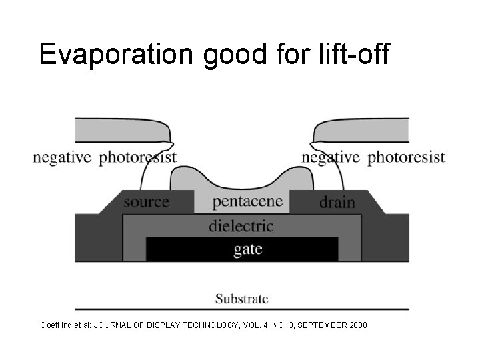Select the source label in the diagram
click(x=146, y=201)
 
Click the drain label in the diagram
click(x=337, y=201)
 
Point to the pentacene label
click(x=247, y=201)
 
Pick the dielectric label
click(x=241, y=226)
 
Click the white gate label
click(x=247, y=249)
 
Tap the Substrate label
click(x=241, y=299)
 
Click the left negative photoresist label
click(x=105, y=157)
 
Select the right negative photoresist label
click(x=373, y=157)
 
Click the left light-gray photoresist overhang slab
click(x=120, y=130)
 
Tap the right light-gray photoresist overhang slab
click(x=363, y=130)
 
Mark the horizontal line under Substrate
click(x=241, y=309)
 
